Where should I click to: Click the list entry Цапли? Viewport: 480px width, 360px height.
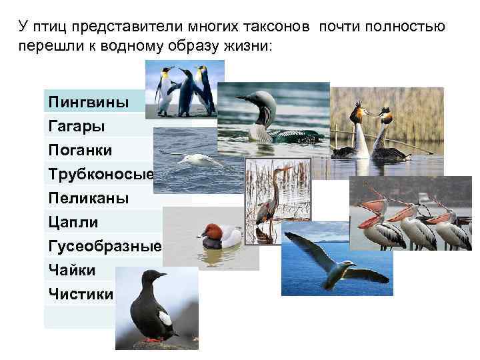tap(73, 222)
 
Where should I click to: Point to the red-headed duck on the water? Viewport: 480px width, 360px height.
tap(220, 234)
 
